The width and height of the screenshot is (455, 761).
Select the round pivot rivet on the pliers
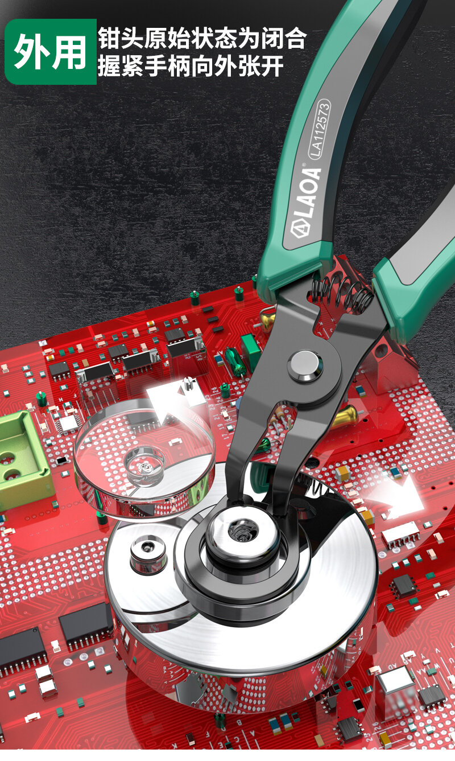tap(305, 367)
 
